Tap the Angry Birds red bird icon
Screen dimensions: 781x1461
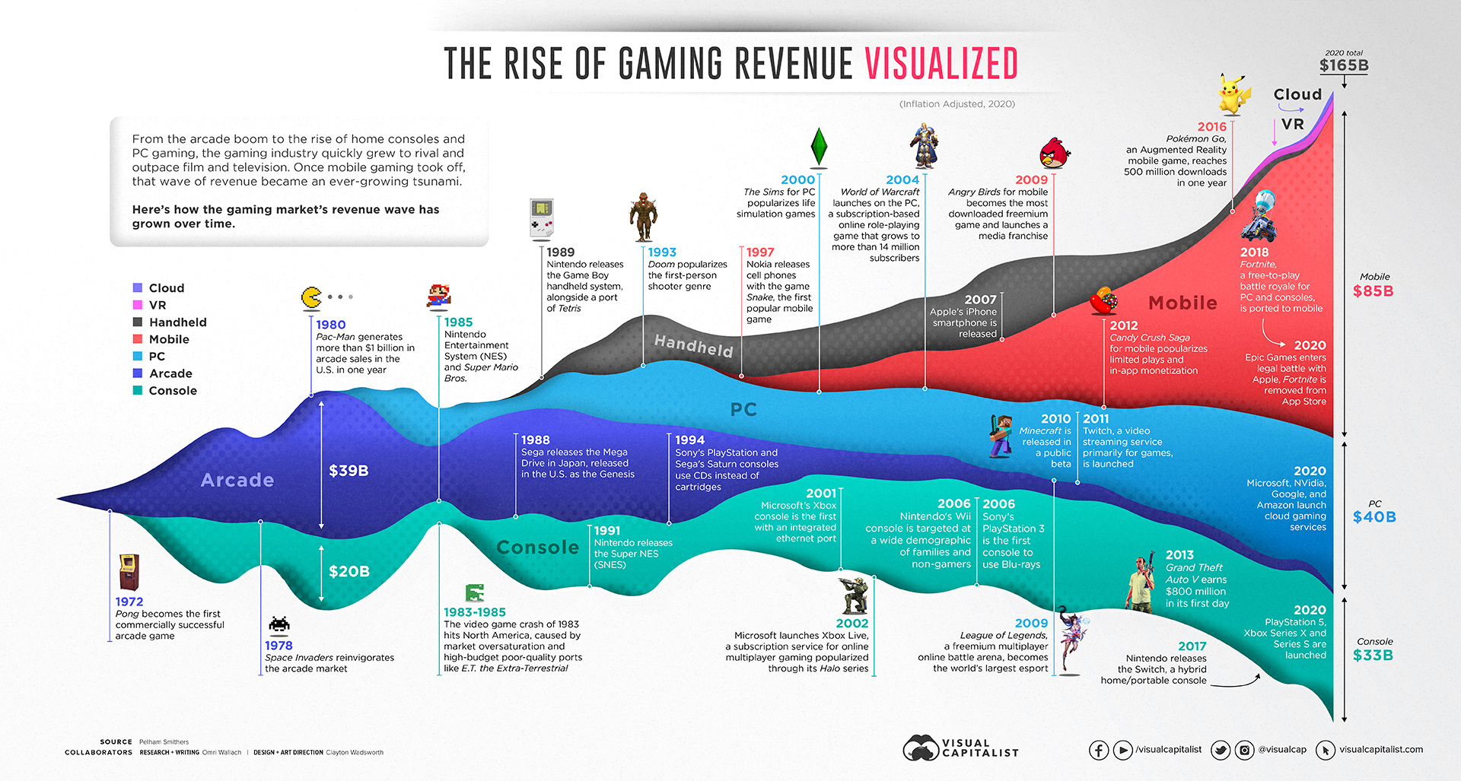[1055, 153]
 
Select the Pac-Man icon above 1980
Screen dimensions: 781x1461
[311, 297]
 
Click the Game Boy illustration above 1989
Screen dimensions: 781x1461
[542, 218]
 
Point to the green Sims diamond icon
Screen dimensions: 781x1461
[819, 146]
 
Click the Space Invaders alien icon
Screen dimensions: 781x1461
[279, 625]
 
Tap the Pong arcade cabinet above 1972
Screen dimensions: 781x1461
[129, 573]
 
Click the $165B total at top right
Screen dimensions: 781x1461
[1344, 65]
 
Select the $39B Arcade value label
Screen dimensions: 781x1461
[349, 471]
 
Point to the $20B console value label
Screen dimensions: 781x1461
[349, 571]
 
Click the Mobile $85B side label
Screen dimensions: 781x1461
[1373, 290]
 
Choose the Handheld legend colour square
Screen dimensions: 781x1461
[138, 322]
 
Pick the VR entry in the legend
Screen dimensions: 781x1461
[158, 305]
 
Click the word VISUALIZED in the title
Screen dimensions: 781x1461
[941, 64]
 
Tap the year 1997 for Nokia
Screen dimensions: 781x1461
[760, 252]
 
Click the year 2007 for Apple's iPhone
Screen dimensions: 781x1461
[980, 300]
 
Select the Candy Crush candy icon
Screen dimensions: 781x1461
[1103, 302]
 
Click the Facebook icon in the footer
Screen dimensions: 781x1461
[1099, 751]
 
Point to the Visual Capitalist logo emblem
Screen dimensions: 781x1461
[921, 748]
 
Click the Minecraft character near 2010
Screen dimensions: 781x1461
[1000, 437]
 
